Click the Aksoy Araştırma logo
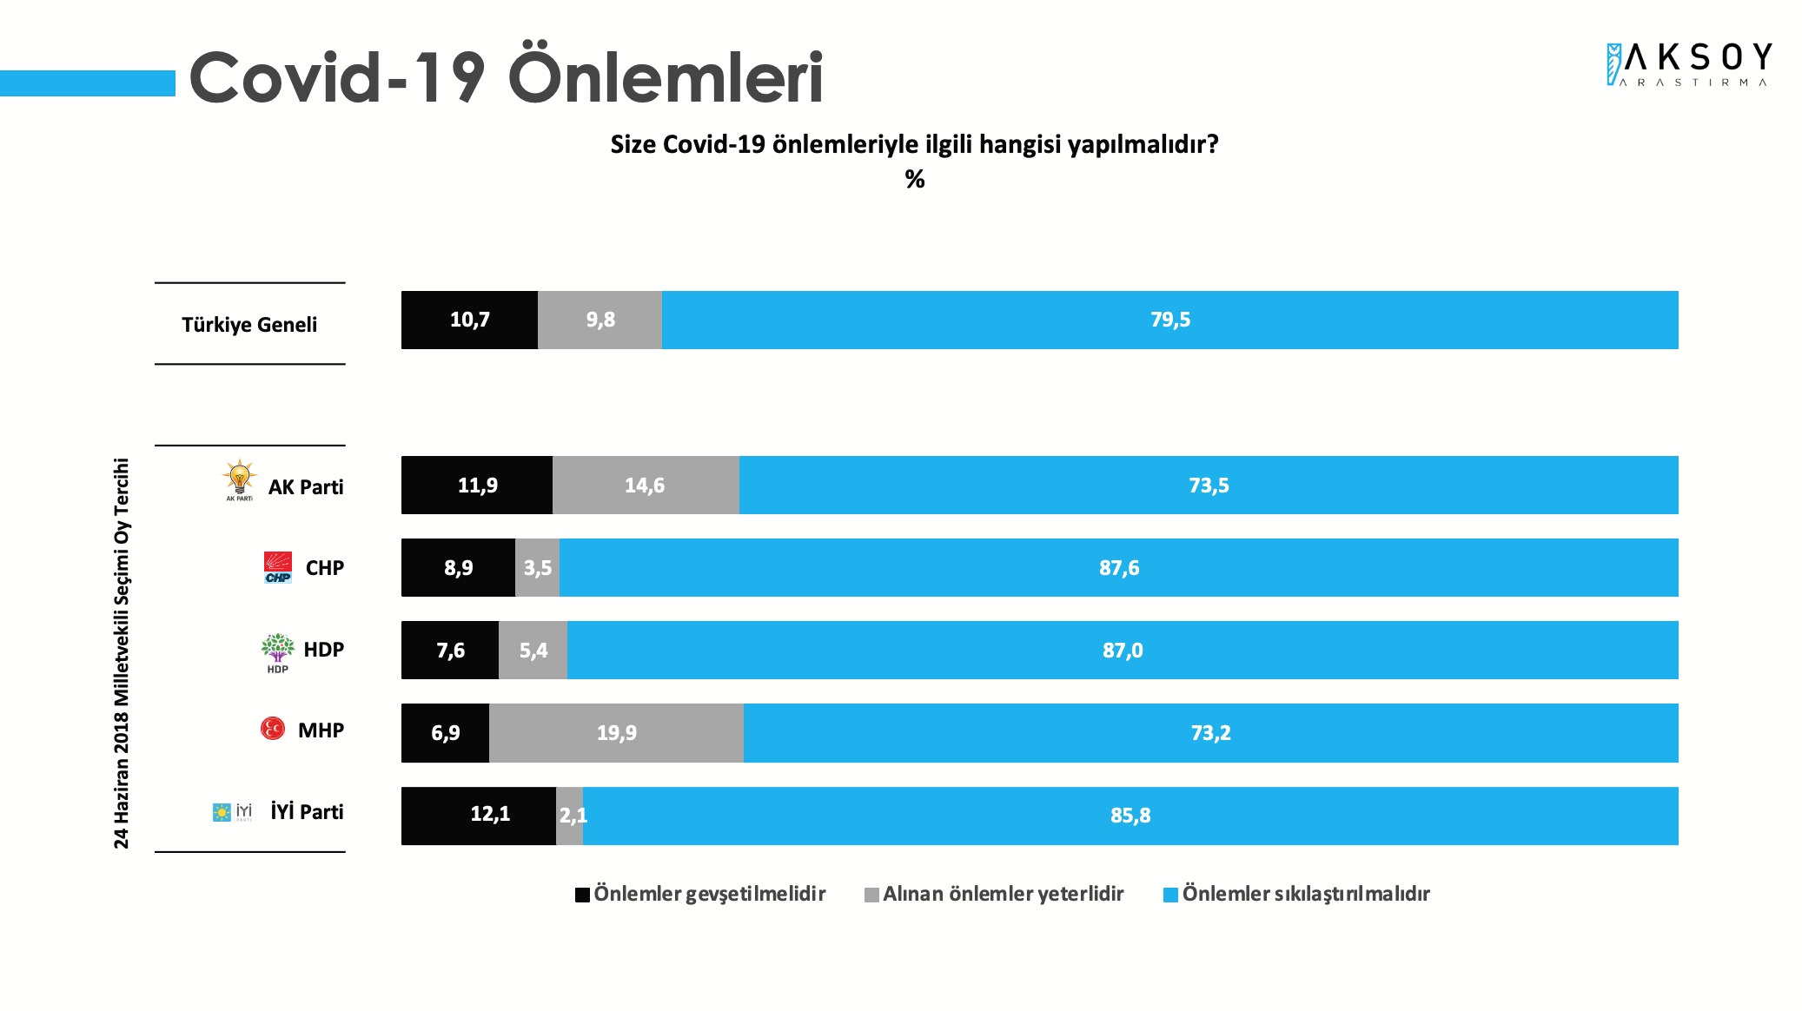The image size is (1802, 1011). [1688, 64]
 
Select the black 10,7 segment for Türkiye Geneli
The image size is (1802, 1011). [469, 320]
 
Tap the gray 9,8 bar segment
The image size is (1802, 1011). [600, 320]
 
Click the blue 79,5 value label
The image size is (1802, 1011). [1169, 320]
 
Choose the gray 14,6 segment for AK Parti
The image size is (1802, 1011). [645, 485]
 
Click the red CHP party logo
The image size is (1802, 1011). [278, 567]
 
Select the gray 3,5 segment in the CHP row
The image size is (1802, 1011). [537, 568]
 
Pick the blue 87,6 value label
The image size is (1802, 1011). [1119, 568]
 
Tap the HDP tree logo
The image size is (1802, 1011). [278, 651]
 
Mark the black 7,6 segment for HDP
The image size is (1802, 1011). [450, 650]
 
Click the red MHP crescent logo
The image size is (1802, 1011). [273, 728]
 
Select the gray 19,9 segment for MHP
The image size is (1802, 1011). [616, 733]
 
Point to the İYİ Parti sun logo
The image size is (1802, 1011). [222, 812]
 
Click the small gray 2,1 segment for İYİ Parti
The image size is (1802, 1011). [570, 816]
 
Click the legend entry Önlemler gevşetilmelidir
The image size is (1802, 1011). [708, 894]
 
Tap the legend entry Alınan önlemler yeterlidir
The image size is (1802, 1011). [1002, 894]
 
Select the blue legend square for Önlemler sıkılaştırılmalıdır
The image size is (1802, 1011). [1170, 895]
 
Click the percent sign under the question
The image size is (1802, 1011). [914, 179]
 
